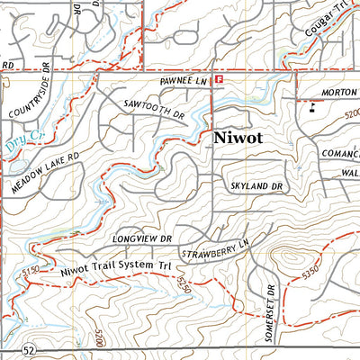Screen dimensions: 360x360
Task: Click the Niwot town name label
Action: coord(238,139)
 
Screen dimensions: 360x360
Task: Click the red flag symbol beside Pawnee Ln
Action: coord(219,79)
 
